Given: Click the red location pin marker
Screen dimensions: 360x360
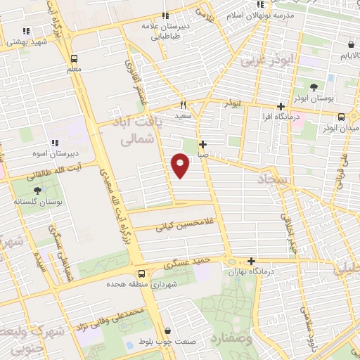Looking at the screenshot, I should pos(181,165).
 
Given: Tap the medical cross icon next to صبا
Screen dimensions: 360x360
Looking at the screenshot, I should pos(202,144).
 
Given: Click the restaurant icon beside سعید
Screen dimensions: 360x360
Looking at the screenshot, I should pos(182,103).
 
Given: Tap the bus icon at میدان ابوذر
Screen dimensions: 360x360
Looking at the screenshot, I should pos(341,117).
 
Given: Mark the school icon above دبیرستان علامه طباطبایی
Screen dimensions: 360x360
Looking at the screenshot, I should pos(165,15).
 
